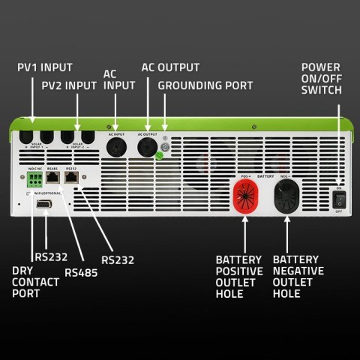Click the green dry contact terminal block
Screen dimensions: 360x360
tap(34, 181)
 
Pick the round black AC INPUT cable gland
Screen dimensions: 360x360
tap(116, 145)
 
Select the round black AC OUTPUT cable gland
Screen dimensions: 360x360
tap(147, 145)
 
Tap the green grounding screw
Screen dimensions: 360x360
tap(160, 157)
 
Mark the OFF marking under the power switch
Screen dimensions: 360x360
tap(340, 212)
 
